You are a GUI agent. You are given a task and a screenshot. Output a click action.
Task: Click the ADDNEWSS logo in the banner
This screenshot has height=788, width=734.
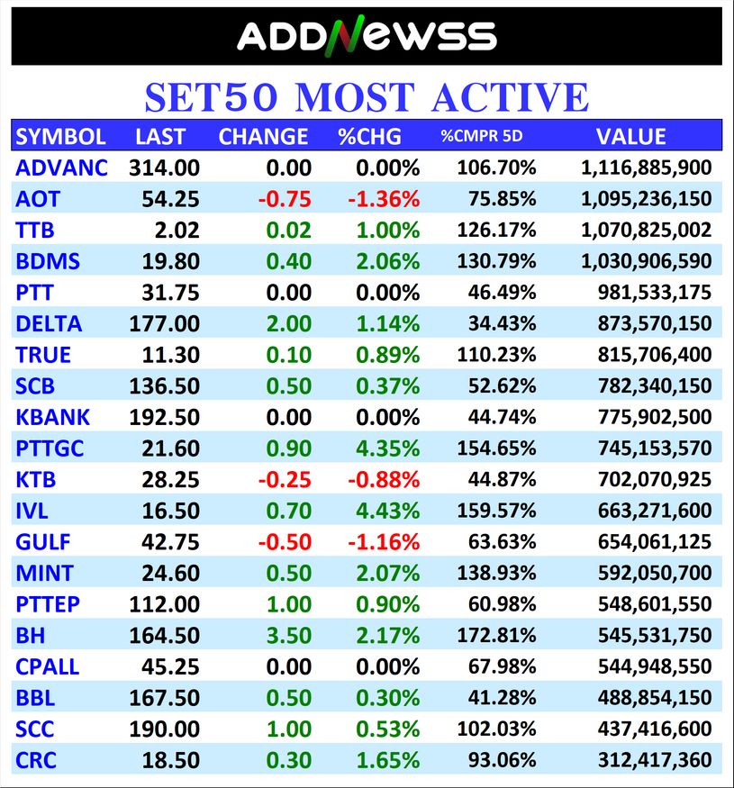(367, 36)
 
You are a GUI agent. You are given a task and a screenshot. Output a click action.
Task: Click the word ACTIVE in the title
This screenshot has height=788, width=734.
(505, 97)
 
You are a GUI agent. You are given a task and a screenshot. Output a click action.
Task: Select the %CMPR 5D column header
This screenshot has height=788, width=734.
(482, 137)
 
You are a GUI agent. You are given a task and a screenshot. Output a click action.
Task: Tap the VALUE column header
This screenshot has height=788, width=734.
(630, 137)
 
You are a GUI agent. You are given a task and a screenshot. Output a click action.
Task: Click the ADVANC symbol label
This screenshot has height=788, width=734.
(61, 168)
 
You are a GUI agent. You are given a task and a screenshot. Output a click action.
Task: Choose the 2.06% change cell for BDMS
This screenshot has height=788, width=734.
(388, 262)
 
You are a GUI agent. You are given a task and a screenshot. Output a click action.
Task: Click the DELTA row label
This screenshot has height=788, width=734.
(49, 324)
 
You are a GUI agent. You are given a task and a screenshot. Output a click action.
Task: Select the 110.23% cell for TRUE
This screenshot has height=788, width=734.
(496, 356)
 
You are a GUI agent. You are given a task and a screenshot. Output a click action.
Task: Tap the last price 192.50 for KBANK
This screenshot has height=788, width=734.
(164, 418)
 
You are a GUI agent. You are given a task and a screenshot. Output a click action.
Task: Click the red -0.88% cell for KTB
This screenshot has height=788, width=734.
(385, 480)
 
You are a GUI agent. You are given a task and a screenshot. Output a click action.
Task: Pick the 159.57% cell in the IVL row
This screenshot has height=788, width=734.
(496, 512)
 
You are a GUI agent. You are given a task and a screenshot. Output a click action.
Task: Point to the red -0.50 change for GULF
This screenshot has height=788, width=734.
(285, 543)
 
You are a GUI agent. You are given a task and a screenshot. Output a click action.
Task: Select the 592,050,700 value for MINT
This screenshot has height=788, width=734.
(655, 574)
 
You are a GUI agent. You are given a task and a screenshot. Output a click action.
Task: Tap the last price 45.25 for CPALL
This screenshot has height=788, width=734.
(171, 667)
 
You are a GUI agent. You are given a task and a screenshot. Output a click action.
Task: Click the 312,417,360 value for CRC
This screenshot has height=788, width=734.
(655, 761)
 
